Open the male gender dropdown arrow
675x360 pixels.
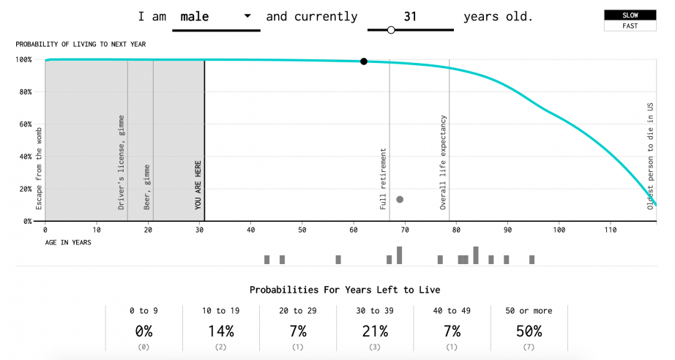tap(247, 16)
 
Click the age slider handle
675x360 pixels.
tap(391, 30)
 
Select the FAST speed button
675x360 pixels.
tap(630, 26)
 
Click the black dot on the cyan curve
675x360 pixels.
tap(364, 61)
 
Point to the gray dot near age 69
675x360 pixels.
tap(400, 199)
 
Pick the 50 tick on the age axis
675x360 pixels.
tap(302, 230)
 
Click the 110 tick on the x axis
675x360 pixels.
tap(610, 230)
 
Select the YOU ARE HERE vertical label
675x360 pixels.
tap(198, 185)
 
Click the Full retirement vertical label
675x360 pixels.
tap(384, 179)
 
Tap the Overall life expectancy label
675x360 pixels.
tap(444, 162)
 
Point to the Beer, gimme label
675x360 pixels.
tap(147, 187)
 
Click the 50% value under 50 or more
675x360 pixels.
tap(529, 331)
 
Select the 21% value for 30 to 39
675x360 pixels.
tap(375, 331)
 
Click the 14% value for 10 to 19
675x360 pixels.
tap(221, 331)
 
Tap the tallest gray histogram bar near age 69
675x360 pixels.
tap(400, 255)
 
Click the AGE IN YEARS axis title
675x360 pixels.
tap(68, 242)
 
